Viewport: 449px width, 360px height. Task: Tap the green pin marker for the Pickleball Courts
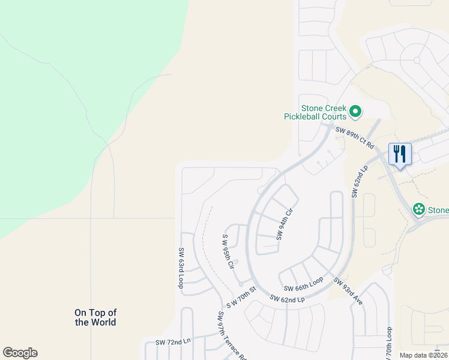[x=355, y=111]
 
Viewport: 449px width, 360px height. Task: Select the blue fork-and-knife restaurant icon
[x=399, y=154]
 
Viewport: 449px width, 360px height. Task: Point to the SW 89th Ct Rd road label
[x=355, y=137]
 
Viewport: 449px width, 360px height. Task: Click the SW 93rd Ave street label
[x=349, y=292]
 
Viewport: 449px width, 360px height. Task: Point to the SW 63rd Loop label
[x=181, y=268]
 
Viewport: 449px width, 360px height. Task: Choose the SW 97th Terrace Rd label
[x=232, y=336]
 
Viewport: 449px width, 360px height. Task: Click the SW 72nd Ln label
[x=173, y=341]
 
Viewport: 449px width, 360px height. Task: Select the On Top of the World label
[x=95, y=317]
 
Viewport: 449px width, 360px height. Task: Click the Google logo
[x=20, y=353]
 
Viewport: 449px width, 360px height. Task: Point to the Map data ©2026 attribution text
[x=423, y=355]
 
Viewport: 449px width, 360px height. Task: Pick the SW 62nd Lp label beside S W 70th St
[x=287, y=298]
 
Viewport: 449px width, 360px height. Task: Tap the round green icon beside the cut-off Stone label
[x=418, y=209]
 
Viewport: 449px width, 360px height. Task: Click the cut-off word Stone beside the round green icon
[x=438, y=210]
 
